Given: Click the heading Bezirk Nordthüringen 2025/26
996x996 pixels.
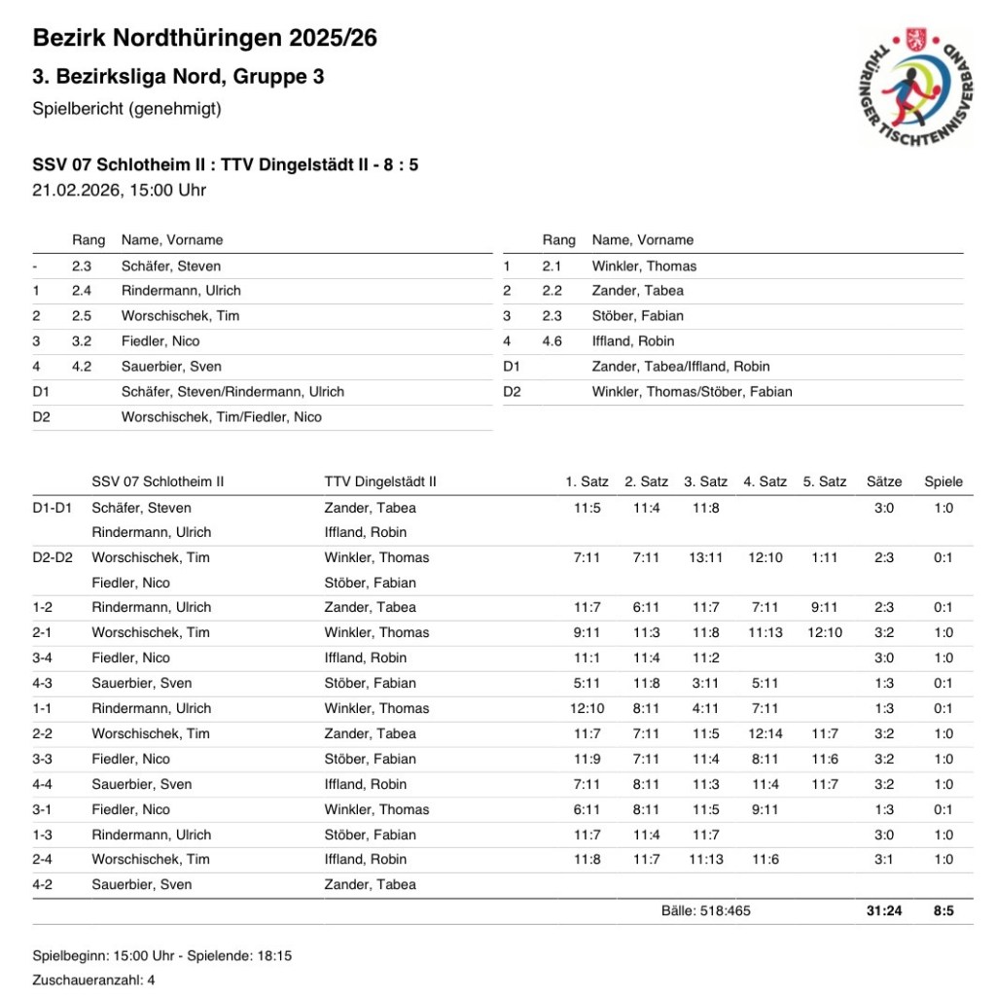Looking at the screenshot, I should click(205, 39).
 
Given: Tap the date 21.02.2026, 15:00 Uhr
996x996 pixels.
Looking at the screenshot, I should click(120, 190).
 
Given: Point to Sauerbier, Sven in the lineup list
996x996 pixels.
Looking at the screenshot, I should click(171, 367).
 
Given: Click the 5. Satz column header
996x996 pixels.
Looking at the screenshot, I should click(825, 481).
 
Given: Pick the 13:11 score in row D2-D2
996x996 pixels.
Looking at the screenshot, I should click(706, 557).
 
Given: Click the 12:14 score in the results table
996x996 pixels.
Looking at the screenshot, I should click(765, 733).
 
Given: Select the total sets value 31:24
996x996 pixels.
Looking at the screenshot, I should click(884, 911).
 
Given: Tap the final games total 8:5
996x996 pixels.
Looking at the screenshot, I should click(943, 911).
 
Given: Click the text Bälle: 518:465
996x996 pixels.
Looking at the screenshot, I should click(706, 911).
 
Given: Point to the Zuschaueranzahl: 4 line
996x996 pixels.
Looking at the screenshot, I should click(94, 980).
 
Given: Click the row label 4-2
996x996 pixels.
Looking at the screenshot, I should click(45, 884).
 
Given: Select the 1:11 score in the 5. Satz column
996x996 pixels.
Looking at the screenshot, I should click(825, 557).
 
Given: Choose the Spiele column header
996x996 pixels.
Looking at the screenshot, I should click(943, 481).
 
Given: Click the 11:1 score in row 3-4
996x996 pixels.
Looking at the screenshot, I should click(587, 658).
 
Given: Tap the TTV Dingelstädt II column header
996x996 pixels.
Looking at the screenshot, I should click(380, 481).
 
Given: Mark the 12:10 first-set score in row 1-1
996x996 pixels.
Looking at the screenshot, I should click(587, 708).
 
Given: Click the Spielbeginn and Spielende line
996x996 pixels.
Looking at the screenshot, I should click(162, 956).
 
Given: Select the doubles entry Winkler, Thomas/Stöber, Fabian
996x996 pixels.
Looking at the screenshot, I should click(692, 392).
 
